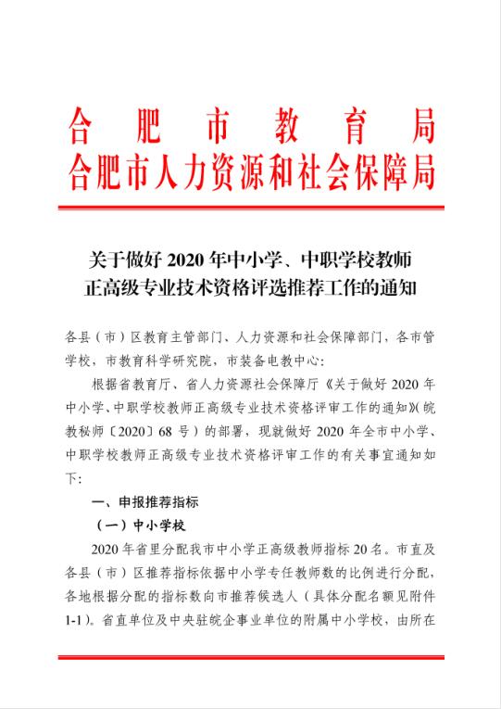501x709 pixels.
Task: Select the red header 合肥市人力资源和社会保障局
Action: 250,171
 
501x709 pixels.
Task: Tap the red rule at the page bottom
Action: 250,658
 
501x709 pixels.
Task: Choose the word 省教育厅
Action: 157,384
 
